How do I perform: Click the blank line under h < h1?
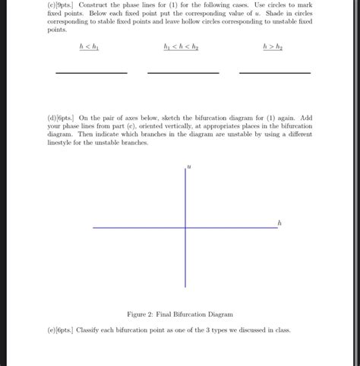point(90,73)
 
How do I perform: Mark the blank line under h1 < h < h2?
point(182,73)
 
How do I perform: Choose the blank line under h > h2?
point(274,73)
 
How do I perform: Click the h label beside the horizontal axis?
point(279,222)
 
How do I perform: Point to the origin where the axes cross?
point(185,227)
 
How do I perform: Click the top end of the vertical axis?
point(185,168)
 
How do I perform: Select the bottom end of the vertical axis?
point(185,287)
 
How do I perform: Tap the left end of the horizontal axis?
point(94,227)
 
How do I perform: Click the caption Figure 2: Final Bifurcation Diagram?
point(179,314)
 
